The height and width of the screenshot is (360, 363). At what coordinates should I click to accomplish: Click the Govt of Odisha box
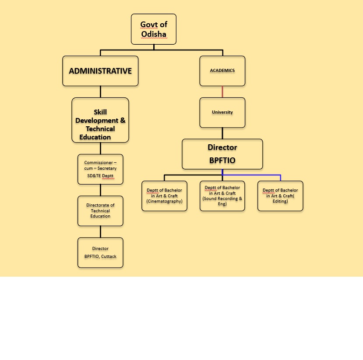point(153,29)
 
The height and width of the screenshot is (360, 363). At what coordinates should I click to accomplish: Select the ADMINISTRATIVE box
point(100,71)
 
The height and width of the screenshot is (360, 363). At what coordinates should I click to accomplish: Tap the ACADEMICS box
point(222,71)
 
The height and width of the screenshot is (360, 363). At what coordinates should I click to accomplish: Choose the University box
point(222,112)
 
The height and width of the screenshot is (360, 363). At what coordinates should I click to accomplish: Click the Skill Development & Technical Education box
point(100,120)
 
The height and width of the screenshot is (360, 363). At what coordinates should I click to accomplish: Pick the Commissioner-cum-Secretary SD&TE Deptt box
point(100,169)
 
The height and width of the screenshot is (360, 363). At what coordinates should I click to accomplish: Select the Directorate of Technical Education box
point(100,210)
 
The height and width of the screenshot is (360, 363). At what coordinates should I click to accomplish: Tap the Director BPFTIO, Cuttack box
point(100,252)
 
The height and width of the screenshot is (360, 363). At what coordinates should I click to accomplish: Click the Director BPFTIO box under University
point(222,154)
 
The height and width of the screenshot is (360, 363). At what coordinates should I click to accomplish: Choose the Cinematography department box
point(164,196)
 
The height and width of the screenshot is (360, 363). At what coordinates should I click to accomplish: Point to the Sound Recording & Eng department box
point(222,196)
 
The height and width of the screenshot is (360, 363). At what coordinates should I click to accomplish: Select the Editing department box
point(280,196)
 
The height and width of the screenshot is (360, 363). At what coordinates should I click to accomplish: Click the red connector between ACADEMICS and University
point(222,92)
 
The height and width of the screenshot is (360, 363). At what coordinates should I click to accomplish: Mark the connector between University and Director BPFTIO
point(222,133)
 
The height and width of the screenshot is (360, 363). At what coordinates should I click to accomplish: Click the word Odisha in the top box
point(154,34)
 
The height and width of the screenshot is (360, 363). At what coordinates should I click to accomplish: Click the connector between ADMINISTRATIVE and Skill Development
point(100,92)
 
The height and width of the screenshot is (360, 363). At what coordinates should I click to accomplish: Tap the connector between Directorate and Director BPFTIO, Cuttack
point(100,232)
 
